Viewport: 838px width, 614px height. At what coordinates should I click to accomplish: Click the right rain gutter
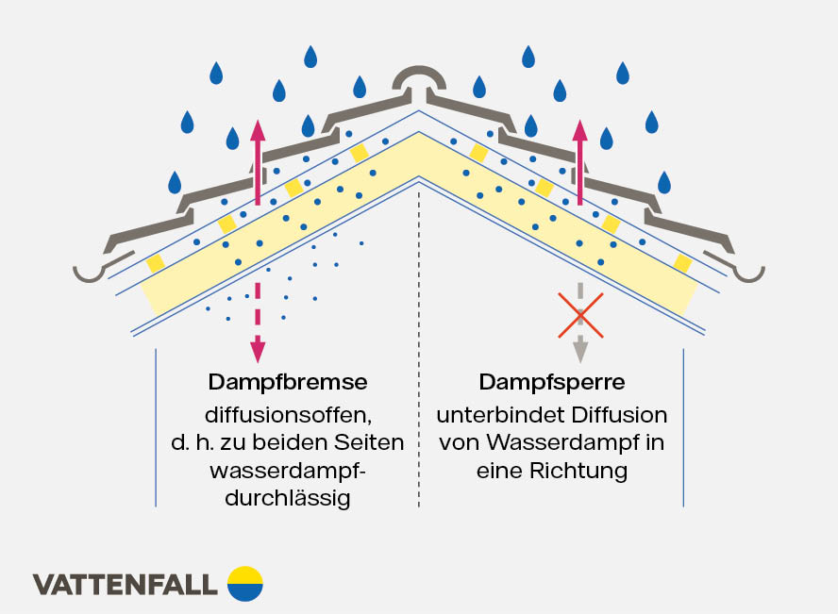pos(746,273)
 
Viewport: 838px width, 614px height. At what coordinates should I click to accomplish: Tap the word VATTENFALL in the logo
pos(126,585)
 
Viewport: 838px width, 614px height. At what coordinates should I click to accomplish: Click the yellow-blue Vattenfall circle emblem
pos(245,584)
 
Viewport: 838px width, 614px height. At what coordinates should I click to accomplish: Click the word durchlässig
pos(289,499)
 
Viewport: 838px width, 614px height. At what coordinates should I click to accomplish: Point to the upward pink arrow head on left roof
pos(257,128)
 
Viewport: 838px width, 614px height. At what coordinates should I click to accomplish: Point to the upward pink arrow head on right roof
pos(579,130)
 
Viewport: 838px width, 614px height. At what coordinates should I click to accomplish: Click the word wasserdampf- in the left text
pos(289,471)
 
